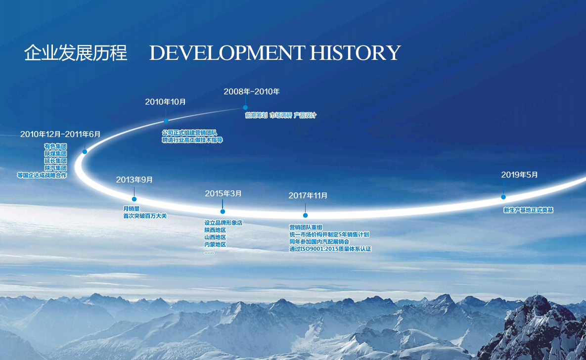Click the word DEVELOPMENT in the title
coord(227,53)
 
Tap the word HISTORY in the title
coord(356,53)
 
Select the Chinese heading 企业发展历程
coord(76,53)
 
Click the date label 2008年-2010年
coord(252,91)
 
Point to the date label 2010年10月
coord(165,102)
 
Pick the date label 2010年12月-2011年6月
coord(60,134)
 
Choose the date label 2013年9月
coord(134,180)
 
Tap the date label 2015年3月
coord(223,194)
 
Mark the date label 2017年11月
coord(308,195)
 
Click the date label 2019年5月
coord(519,175)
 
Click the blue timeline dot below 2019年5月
coord(503,197)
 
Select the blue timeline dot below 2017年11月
coord(305,215)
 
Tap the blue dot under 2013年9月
coord(134,199)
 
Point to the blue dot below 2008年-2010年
coord(245,108)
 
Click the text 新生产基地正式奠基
coord(528,210)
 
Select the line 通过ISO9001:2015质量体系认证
coord(330,249)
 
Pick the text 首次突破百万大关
coord(145,216)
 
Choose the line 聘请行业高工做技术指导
coord(192,140)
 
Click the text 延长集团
coord(56,161)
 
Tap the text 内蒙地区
coord(215,244)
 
